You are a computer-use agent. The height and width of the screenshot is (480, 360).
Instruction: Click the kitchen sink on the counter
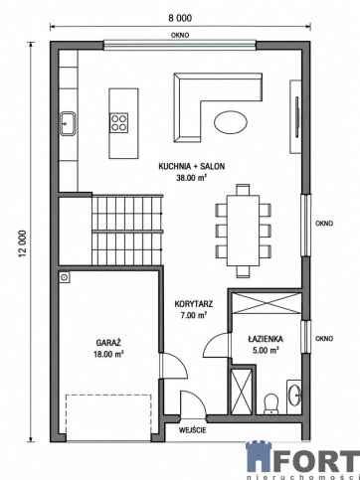pyautogui.click(x=68, y=123)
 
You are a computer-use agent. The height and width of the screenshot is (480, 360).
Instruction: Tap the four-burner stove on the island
pyautogui.click(x=119, y=122)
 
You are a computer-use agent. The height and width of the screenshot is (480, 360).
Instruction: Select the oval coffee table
pyautogui.click(x=231, y=122)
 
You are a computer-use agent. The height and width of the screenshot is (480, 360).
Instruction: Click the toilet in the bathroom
pyautogui.click(x=271, y=403)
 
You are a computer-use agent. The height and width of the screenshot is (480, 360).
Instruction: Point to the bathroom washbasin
pyautogui.click(x=294, y=396)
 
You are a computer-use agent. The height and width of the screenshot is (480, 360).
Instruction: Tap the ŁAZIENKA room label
pyautogui.click(x=266, y=339)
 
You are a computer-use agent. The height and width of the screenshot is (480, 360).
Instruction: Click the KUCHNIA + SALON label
pyautogui.click(x=192, y=166)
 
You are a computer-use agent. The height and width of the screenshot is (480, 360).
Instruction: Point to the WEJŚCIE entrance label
pyautogui.click(x=193, y=430)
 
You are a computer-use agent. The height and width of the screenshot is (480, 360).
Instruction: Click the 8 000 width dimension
pyautogui.click(x=180, y=18)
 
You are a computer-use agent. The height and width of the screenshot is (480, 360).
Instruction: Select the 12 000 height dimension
pyautogui.click(x=23, y=243)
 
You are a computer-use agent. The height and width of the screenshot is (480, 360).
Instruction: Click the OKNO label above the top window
pyautogui.click(x=180, y=35)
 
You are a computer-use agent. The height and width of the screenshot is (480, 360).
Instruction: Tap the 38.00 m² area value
pyautogui.click(x=192, y=178)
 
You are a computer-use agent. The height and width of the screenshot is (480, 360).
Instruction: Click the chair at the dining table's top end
pyautogui.click(x=243, y=190)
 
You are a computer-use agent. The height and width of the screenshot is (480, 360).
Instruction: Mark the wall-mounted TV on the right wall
pyautogui.click(x=297, y=116)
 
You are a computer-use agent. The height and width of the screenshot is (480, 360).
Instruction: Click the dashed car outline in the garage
pyautogui.click(x=108, y=417)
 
